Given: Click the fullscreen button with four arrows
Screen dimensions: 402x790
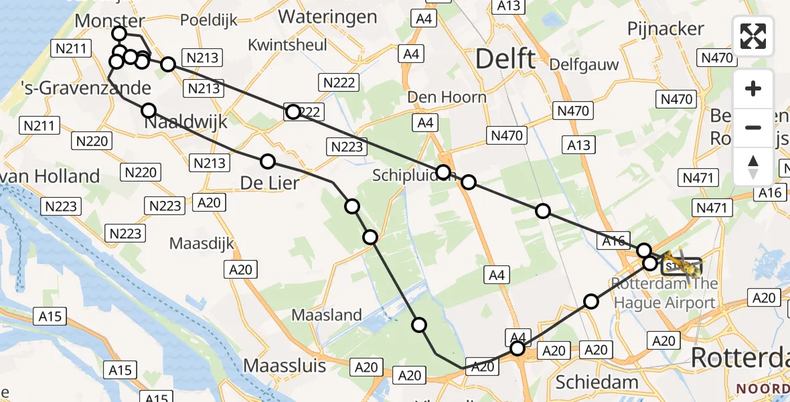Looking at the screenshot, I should (x=753, y=36).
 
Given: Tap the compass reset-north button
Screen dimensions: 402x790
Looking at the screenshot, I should (x=753, y=167).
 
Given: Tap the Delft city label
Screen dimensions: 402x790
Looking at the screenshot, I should (x=505, y=60).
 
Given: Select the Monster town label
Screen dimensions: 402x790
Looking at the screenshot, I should (x=109, y=21).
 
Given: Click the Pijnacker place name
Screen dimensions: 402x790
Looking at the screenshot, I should (x=665, y=29).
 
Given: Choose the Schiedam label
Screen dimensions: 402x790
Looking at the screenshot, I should (x=597, y=382).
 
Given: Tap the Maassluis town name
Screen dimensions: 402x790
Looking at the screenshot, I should (x=285, y=366).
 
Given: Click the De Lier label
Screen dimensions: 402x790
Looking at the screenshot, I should (x=270, y=182).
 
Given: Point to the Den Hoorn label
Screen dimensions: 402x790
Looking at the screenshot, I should (x=447, y=97).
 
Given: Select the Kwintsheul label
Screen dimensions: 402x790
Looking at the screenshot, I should (x=287, y=45).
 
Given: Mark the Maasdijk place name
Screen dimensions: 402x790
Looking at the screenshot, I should (x=202, y=243).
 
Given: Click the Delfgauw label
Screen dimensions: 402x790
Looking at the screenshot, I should (x=583, y=65).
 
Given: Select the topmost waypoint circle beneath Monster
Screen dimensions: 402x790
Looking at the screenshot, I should (x=119, y=33).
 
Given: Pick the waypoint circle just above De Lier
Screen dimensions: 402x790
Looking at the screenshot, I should (x=268, y=161).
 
